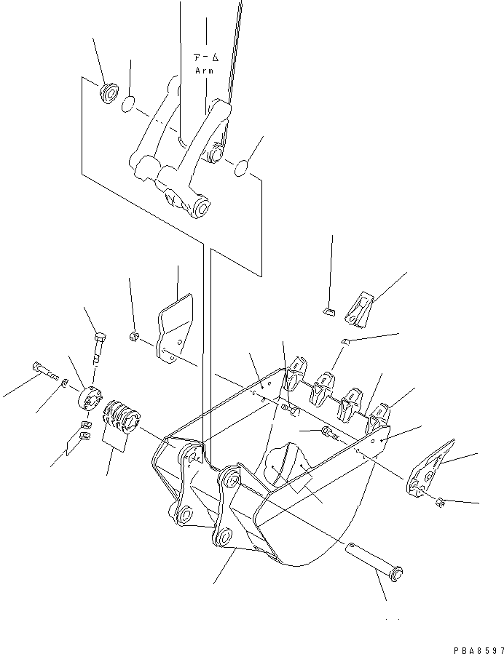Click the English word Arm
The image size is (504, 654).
(204, 71)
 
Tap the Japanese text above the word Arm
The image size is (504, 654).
(204, 57)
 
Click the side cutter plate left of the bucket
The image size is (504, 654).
(174, 325)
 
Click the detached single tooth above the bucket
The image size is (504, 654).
(357, 306)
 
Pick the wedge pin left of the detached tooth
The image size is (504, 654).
(328, 313)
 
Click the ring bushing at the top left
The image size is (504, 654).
(110, 94)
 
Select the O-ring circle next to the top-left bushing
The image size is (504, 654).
(128, 105)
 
